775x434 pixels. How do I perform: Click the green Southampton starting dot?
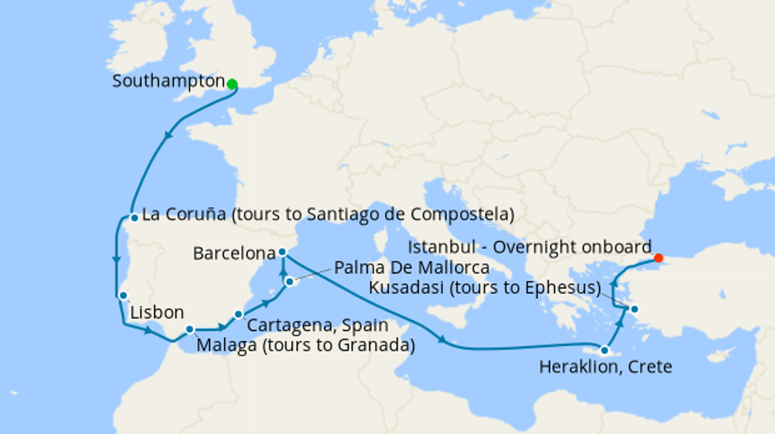tap(232, 84)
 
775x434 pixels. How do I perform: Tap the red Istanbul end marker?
tap(658, 258)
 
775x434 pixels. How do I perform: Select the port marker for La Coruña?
tap(134, 218)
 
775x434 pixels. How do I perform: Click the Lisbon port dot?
tap(123, 296)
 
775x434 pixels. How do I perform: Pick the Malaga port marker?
tap(190, 329)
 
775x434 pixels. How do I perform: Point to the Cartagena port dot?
tap(238, 314)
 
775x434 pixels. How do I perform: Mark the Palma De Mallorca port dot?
tap(290, 282)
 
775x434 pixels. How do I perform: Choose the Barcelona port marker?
tap(282, 252)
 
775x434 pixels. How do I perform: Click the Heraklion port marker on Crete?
tap(605, 351)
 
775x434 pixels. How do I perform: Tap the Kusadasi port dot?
tap(634, 309)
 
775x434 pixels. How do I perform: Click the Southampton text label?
tap(168, 81)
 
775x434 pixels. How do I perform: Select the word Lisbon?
tap(157, 313)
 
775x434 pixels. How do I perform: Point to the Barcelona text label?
tap(234, 253)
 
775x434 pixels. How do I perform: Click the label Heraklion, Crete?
tap(606, 367)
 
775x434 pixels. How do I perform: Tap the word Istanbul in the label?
tap(441, 247)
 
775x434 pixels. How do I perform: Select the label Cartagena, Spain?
tap(318, 326)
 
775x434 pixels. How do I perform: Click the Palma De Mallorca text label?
tap(412, 268)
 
